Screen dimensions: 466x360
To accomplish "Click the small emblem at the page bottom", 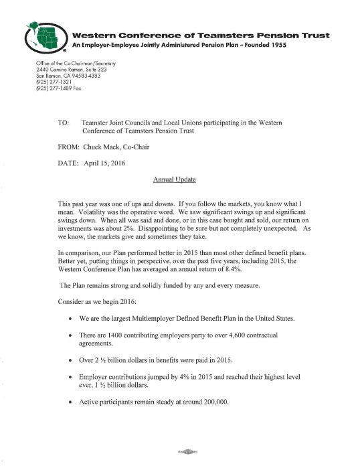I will [181, 452].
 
